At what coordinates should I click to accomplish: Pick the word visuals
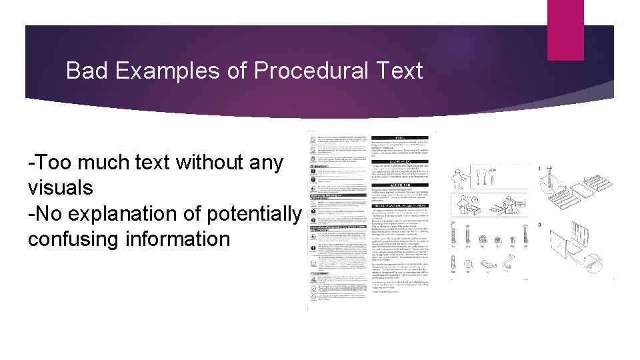tap(61, 187)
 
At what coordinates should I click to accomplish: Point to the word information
tap(180, 239)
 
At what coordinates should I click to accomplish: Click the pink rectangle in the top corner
tap(565, 29)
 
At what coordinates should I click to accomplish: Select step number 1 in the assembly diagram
tap(539, 168)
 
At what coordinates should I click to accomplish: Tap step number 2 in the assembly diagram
tap(539, 225)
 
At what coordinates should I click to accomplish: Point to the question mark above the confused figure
tap(475, 199)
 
